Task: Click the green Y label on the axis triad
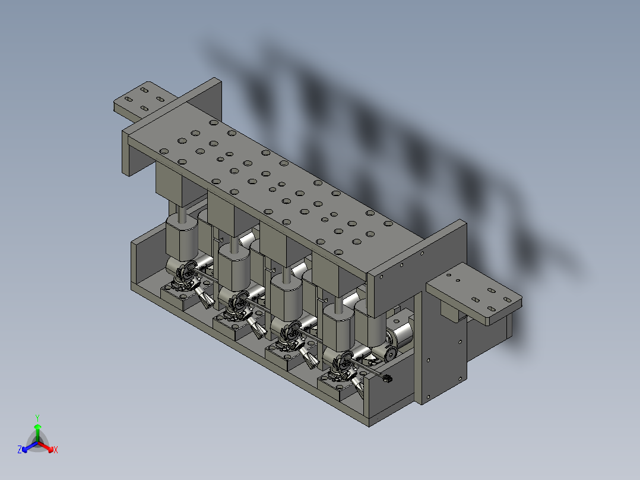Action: [37, 418]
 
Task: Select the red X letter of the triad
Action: [56, 450]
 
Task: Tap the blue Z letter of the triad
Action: [20, 450]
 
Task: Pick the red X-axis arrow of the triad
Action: [49, 447]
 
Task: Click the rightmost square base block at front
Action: [335, 389]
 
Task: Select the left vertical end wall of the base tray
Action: [135, 262]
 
